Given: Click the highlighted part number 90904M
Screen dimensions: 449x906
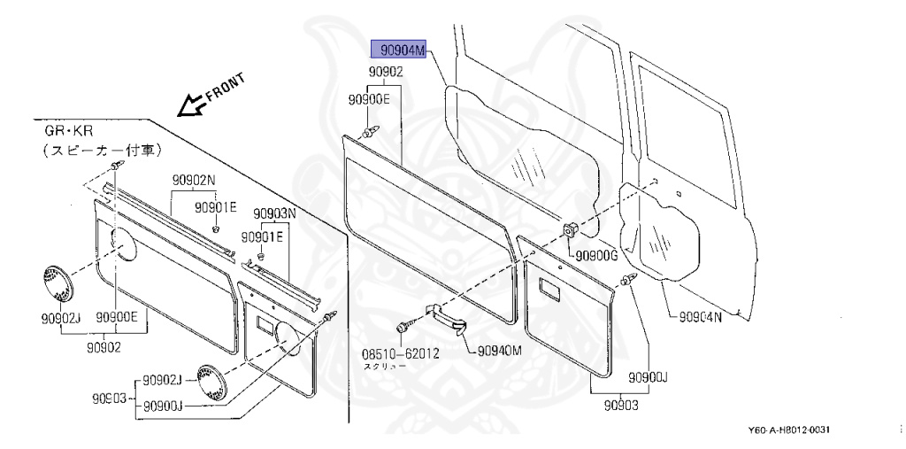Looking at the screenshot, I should pos(399,51).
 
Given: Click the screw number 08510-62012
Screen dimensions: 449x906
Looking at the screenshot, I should pos(400,352).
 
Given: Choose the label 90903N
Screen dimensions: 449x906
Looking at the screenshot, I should pos(273,213).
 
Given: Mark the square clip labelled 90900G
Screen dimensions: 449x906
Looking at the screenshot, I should pos(571,229).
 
